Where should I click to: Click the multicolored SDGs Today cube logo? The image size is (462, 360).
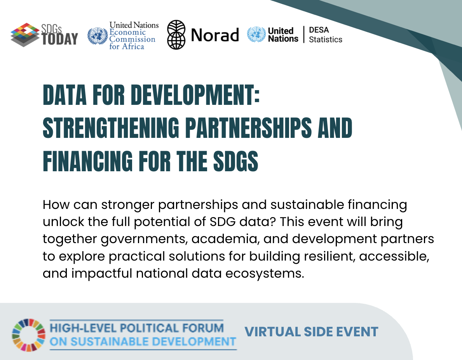coord(25,35)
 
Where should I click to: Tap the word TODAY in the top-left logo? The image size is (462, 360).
coord(60,39)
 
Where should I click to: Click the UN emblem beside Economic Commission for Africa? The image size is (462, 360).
coord(98,36)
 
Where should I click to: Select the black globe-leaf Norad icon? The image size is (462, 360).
coord(176,35)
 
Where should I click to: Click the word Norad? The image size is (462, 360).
coord(215,35)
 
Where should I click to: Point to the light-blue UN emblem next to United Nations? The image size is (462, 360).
coord(256,35)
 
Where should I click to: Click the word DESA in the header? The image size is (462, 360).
coord(319,30)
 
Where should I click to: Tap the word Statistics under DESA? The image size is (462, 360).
coord(326,40)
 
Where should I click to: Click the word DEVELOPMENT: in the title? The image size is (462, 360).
coord(195,95)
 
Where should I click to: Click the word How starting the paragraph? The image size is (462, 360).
coord(56,204)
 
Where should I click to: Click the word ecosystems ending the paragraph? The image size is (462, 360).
coord(265,274)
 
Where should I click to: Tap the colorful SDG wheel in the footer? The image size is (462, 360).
coord(29,335)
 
